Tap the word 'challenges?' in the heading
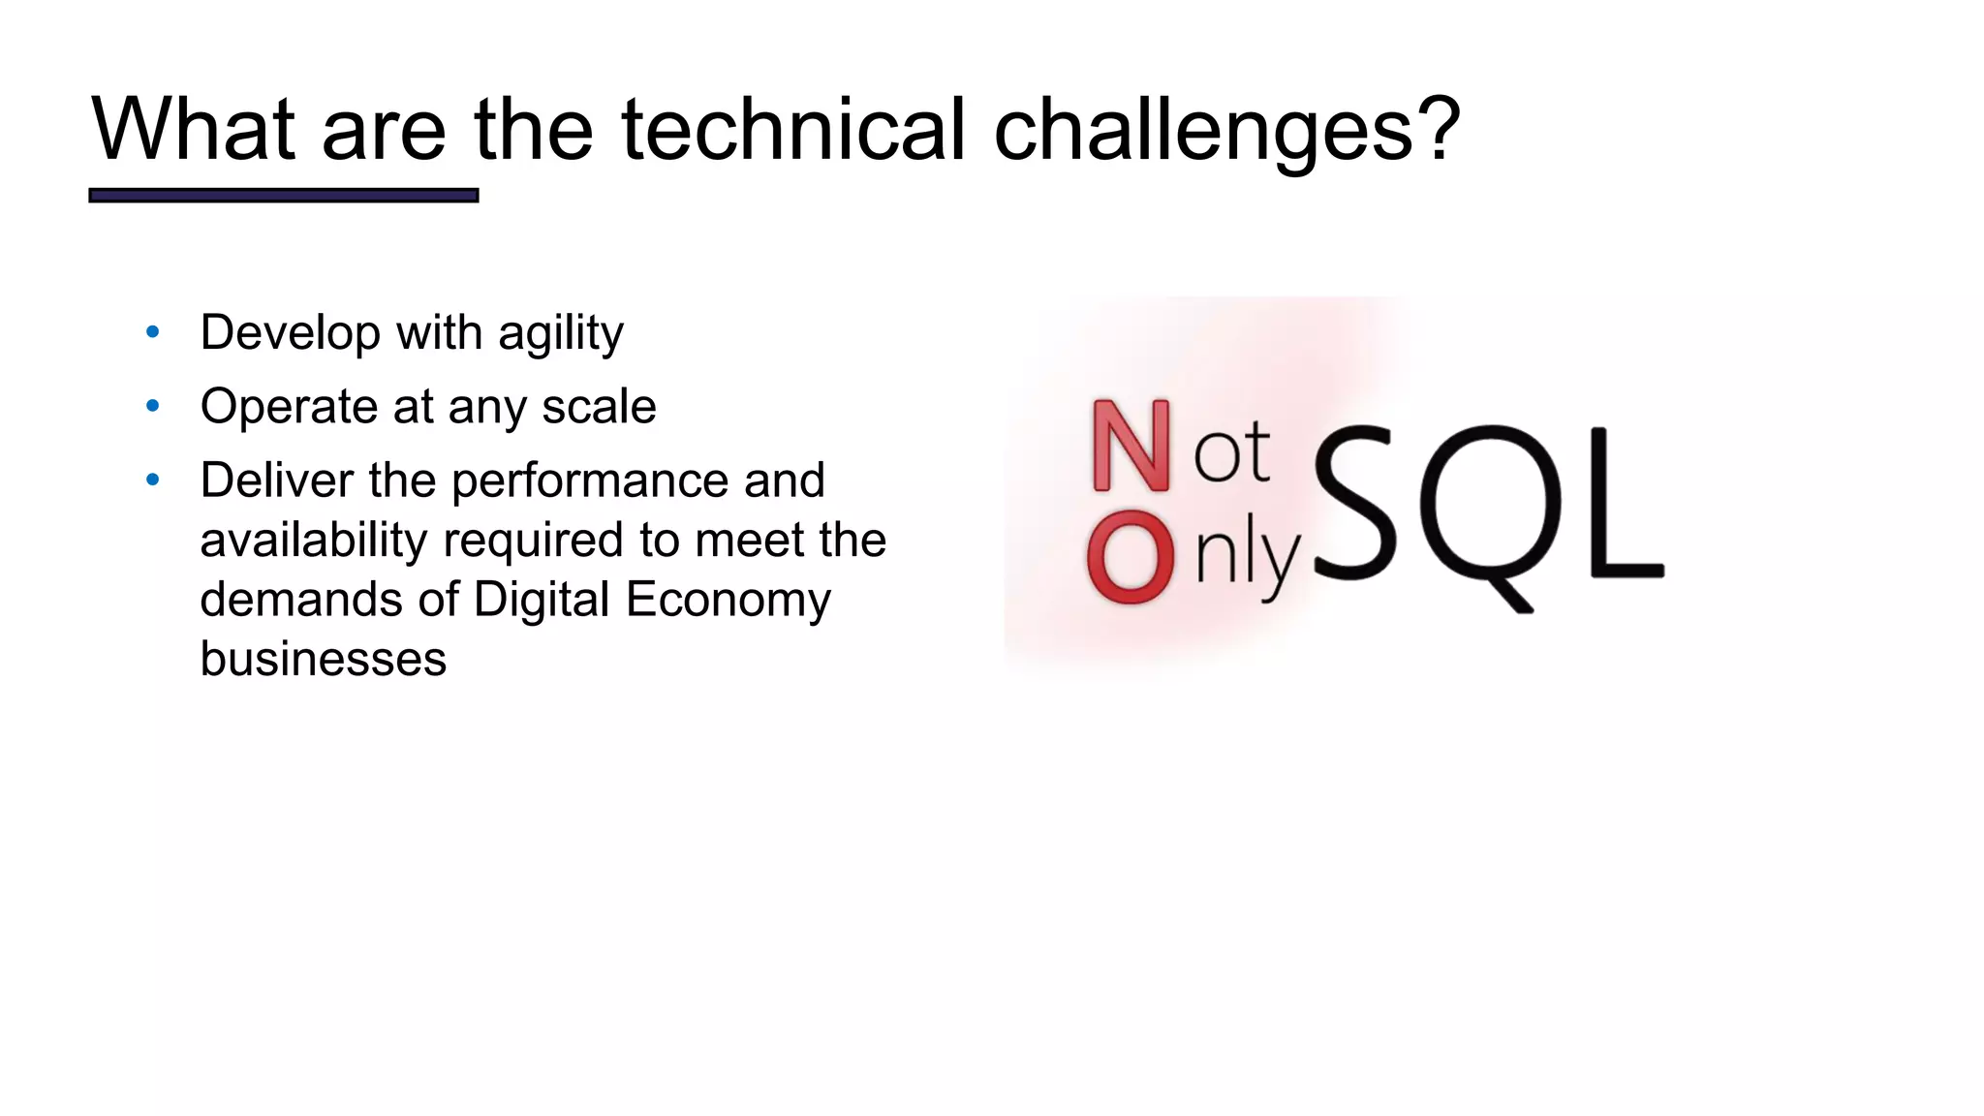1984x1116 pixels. [x=1226, y=131]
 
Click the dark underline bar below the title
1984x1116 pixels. [x=283, y=196]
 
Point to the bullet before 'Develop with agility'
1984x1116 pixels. [x=152, y=333]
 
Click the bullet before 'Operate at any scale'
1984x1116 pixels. [x=152, y=407]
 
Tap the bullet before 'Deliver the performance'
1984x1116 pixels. [x=152, y=480]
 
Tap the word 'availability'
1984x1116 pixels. [x=313, y=541]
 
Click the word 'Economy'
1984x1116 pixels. [x=728, y=601]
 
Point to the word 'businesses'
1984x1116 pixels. [x=323, y=660]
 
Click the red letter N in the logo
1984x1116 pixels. [x=1130, y=447]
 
